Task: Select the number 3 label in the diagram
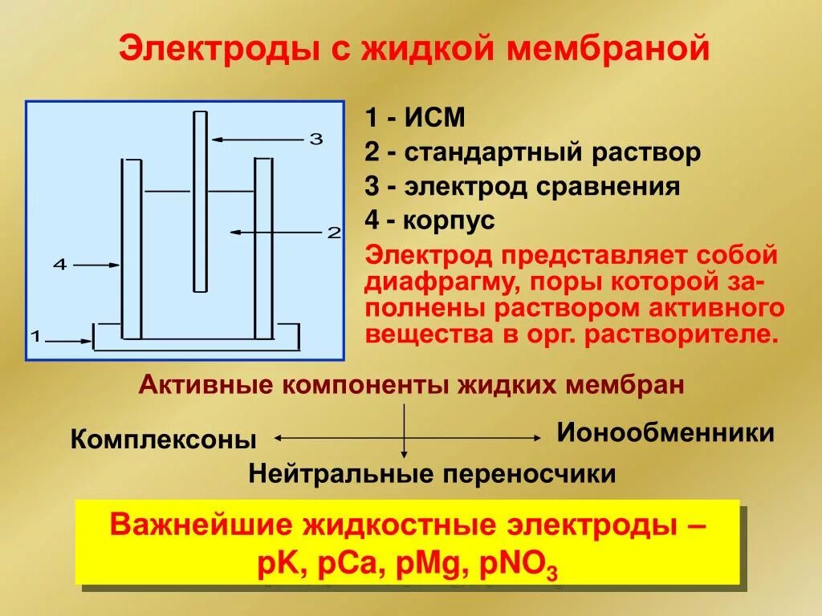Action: point(315,139)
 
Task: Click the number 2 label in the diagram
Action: point(334,233)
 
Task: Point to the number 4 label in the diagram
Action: point(59,264)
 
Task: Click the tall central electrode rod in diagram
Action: point(200,201)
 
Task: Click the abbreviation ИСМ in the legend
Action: point(434,118)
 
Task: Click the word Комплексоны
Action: point(164,440)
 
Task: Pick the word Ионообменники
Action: point(665,433)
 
